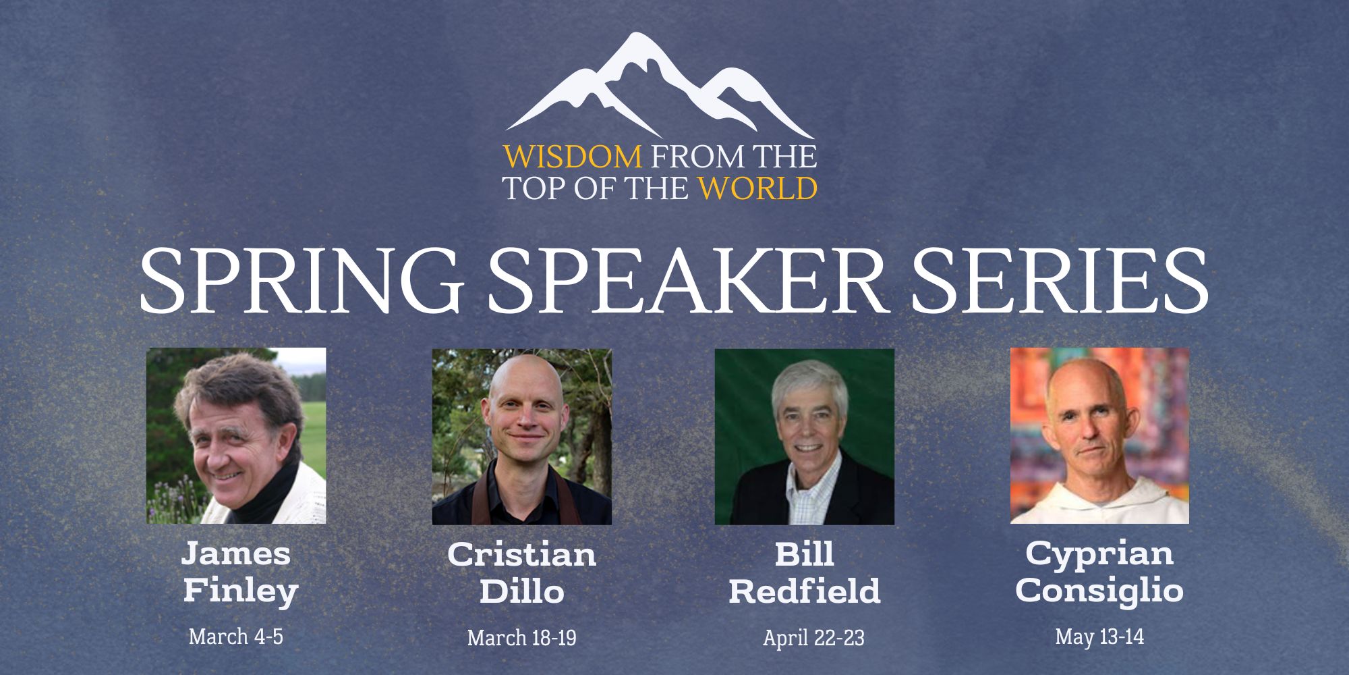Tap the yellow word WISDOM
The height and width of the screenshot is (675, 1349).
coord(573,157)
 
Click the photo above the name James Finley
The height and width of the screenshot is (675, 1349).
coord(236,435)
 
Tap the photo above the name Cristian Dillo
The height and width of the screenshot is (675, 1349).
coord(521,436)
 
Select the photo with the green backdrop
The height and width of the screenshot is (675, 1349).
coord(804,436)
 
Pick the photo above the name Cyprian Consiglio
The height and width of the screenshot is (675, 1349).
coord(1099,435)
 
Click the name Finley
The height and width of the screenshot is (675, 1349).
coord(241,591)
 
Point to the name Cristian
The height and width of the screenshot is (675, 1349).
coord(521,555)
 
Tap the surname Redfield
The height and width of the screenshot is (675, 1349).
coord(804,591)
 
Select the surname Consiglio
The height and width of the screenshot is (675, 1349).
coord(1099,591)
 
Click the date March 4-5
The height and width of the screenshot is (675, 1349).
coord(236,637)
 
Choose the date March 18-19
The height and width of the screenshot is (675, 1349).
coord(521,638)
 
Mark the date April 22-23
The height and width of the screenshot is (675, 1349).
coord(813,638)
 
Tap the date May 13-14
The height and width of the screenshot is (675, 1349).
coord(1099,637)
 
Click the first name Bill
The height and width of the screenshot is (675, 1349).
coord(804,555)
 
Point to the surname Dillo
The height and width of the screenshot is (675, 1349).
coord(521,591)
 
